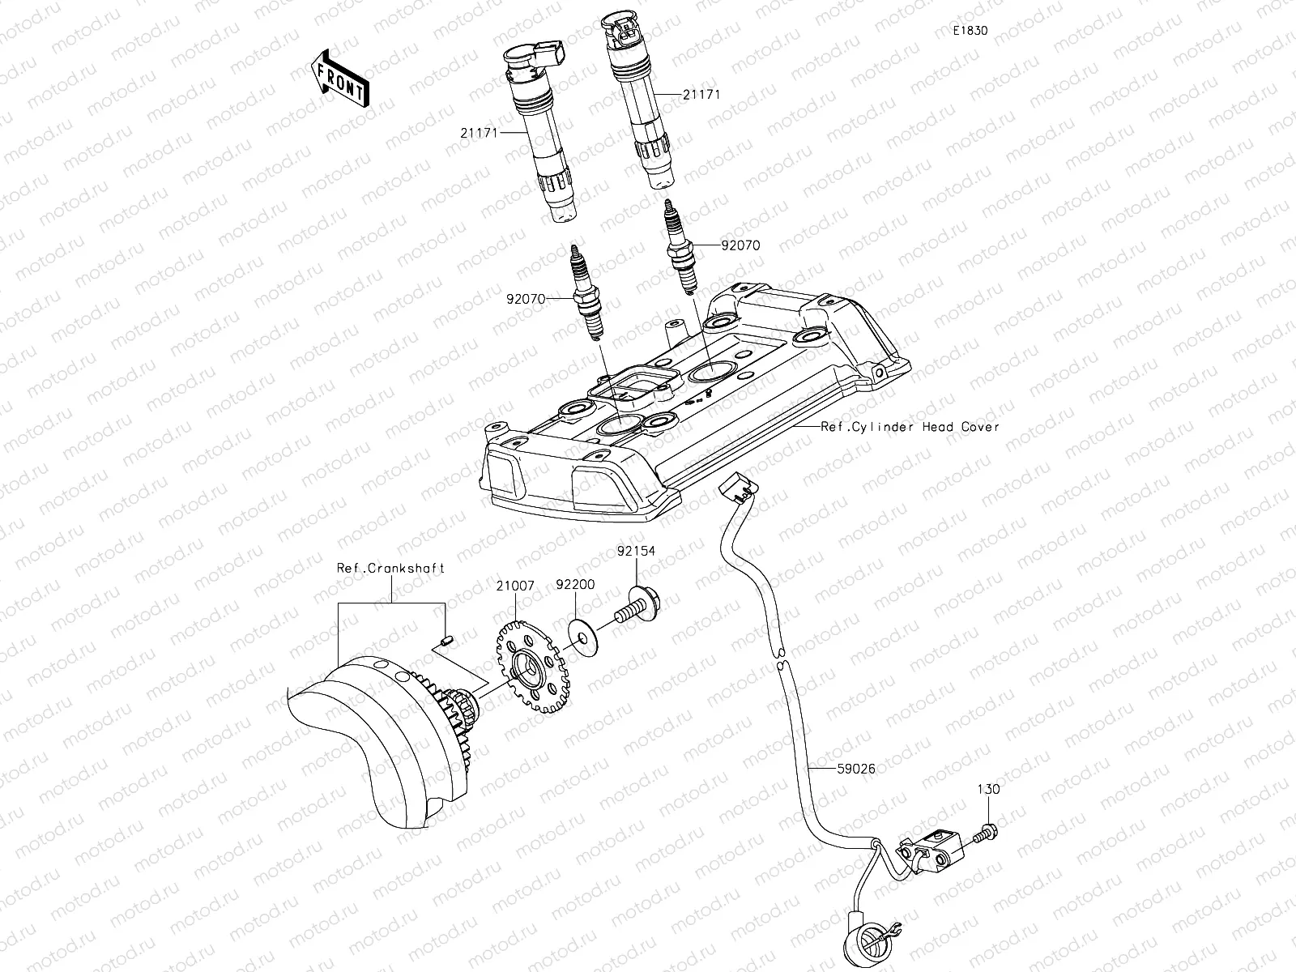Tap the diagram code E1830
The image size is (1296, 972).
970,31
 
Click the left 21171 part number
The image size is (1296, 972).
479,132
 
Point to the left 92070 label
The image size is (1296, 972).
526,298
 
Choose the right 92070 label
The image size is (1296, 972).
740,245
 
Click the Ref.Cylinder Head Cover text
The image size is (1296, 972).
910,426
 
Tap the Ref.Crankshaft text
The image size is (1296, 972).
391,568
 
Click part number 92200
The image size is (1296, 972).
575,583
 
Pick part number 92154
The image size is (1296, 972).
636,551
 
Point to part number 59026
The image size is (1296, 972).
855,769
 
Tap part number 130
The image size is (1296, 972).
988,789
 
